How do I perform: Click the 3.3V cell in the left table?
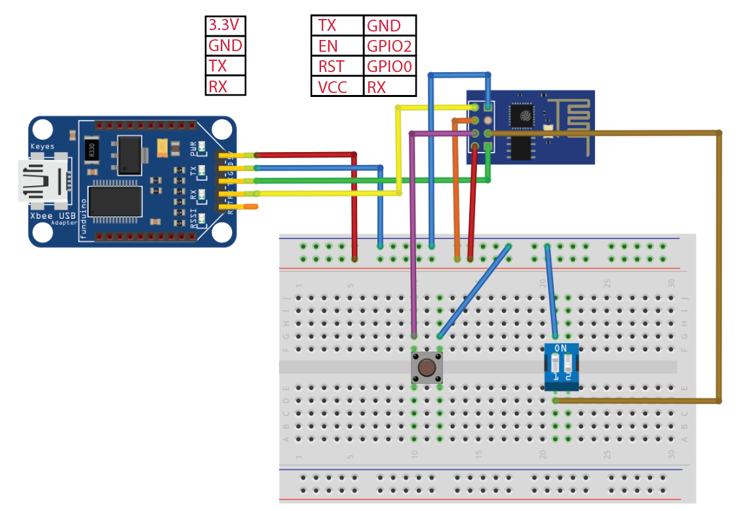point(225,26)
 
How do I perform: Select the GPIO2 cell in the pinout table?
point(389,46)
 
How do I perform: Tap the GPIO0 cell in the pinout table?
point(389,66)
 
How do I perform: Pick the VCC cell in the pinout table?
point(337,86)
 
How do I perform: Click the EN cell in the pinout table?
point(337,46)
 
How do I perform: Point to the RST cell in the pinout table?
point(337,66)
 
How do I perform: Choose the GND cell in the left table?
point(225,46)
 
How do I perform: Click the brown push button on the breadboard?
point(427,368)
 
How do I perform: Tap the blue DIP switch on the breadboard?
point(562,367)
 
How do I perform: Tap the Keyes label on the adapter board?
point(43,146)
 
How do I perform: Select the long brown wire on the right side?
point(719,262)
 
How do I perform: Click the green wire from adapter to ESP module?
point(367,180)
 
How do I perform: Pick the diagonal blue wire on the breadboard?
point(474,292)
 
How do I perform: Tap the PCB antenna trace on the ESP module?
point(570,118)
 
